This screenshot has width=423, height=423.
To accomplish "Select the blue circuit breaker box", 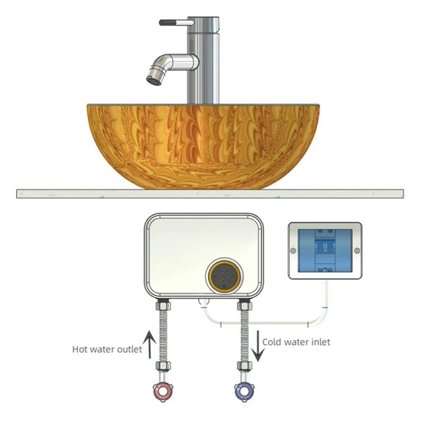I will (325, 250).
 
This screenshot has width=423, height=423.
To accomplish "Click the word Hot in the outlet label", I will (80, 350).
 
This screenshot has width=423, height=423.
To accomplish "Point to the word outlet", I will (130, 350).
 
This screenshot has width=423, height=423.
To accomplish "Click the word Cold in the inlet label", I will (272, 342).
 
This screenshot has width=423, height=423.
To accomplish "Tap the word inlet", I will (319, 342).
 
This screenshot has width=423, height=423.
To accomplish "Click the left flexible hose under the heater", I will (162, 334).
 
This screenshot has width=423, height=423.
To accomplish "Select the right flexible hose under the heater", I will (244, 334).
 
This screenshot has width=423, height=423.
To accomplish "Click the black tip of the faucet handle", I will (167, 23).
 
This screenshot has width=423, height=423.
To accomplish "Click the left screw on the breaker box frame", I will (292, 250).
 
